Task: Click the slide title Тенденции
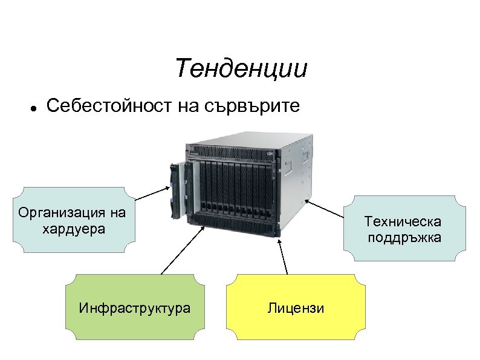(241, 69)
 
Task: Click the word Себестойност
(109, 106)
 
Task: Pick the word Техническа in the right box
(403, 222)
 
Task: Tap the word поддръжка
(403, 237)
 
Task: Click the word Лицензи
(296, 309)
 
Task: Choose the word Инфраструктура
(134, 309)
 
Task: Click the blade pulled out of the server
(177, 188)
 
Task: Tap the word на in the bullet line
(189, 107)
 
